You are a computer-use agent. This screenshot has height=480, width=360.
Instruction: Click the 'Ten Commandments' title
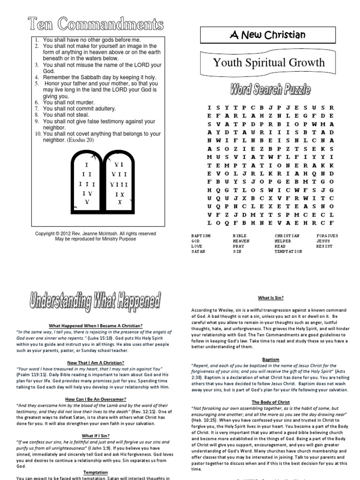96,23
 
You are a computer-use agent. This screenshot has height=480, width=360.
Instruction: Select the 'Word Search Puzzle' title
270,89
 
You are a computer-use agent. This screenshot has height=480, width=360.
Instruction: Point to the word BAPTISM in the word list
201,235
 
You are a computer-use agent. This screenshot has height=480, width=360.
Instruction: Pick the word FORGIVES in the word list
327,235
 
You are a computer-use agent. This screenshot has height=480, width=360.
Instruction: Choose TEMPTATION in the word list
288,251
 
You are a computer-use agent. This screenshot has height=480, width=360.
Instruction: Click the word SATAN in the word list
198,251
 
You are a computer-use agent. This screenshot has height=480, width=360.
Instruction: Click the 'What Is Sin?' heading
270,298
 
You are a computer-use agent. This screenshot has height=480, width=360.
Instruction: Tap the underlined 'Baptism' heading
270,360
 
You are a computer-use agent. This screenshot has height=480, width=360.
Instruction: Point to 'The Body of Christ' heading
270,402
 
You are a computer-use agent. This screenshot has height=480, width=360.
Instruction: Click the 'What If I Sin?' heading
95,435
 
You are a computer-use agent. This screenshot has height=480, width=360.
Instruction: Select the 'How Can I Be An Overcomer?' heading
95,399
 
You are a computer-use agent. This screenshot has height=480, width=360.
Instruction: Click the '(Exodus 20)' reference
81,140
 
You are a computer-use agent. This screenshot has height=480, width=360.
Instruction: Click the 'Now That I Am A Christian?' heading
95,363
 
